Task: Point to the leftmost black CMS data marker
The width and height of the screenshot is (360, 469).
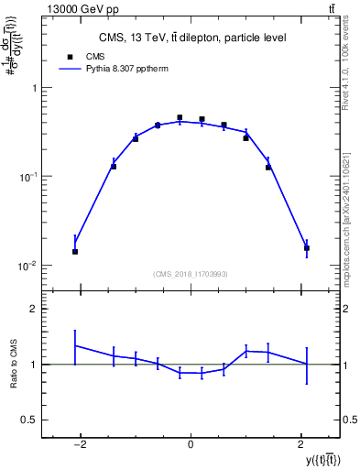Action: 75,251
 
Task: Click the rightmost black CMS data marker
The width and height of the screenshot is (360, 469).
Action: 306,247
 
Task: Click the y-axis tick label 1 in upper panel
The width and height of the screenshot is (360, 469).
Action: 35,89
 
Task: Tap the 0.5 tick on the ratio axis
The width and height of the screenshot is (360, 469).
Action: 30,420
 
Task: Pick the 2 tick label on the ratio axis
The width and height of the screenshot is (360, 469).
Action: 35,310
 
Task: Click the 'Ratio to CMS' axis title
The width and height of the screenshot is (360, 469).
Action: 12,364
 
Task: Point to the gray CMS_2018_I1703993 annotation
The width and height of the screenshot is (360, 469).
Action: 191,274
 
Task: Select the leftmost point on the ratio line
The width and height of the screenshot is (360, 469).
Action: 75,345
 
